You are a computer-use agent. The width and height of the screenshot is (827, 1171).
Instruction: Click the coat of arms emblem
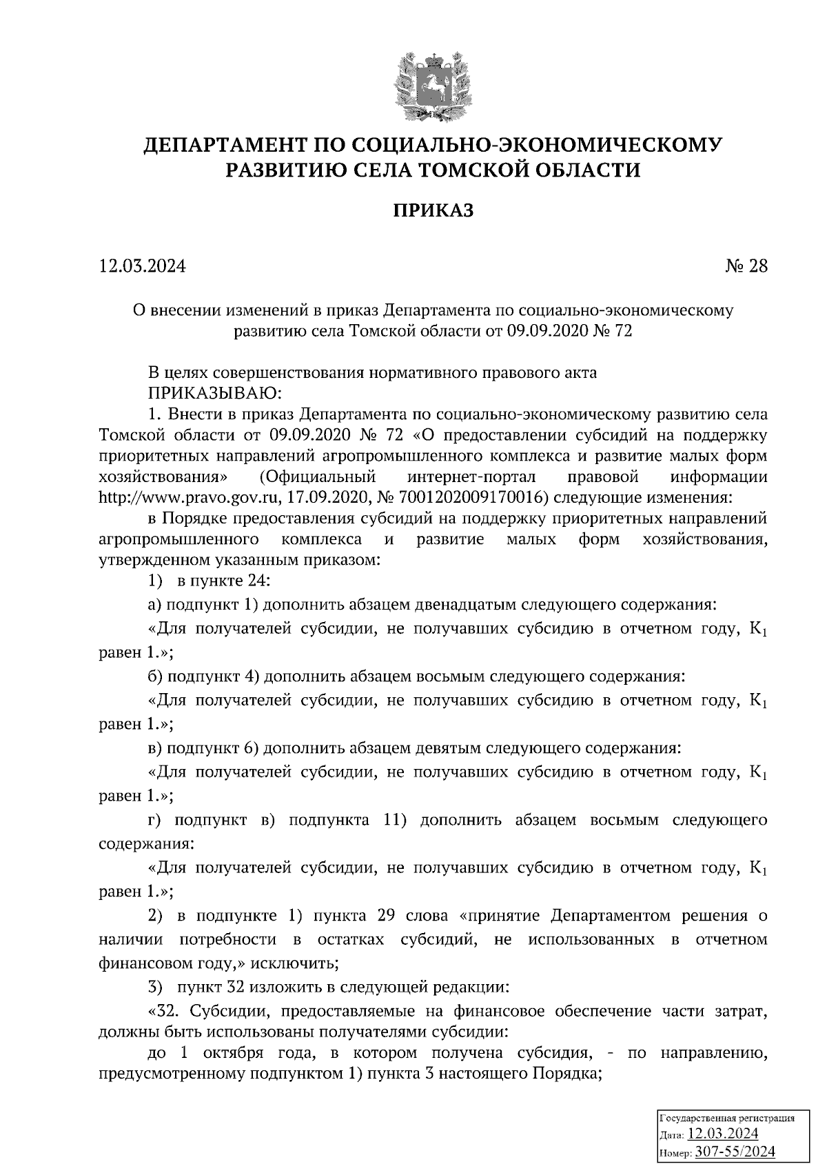(x=433, y=86)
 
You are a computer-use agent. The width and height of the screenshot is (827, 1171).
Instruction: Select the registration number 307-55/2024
(x=735, y=1152)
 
